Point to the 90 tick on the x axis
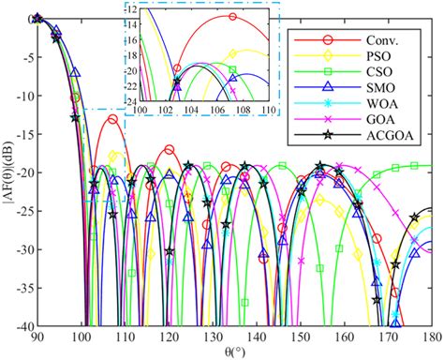tap(37, 335)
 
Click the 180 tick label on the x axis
tap(430, 335)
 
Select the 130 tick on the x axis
tap(212, 335)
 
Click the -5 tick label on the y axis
tap(23, 57)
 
